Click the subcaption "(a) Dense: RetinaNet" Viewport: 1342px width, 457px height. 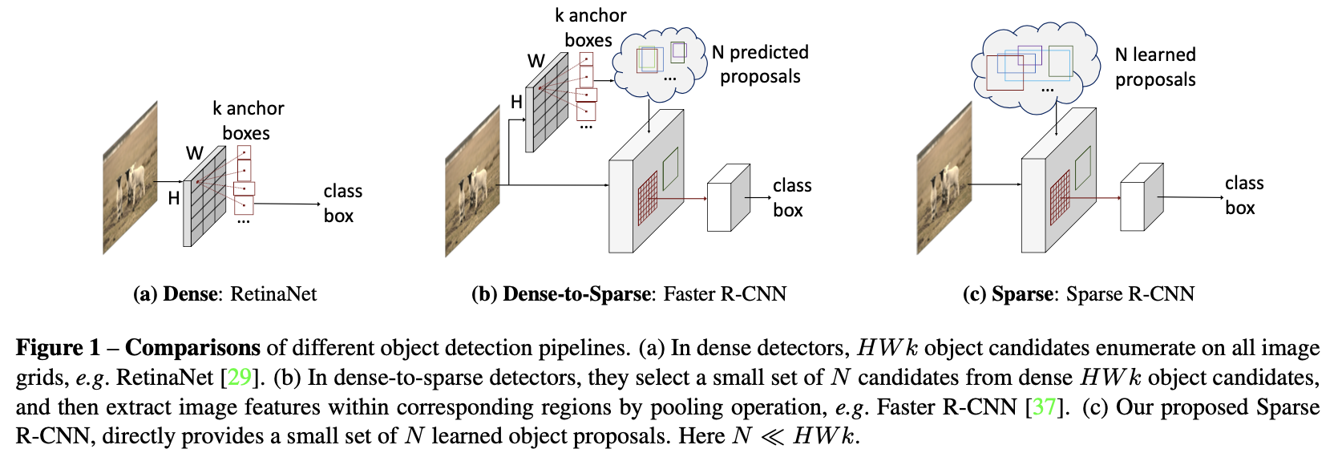[224, 294]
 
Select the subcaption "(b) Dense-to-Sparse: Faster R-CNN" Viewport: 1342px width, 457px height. [629, 294]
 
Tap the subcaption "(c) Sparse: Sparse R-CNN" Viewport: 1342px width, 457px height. [1078, 294]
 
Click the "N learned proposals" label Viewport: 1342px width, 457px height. [1154, 67]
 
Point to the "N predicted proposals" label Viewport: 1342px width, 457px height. [760, 64]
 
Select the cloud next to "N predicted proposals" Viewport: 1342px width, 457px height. [659, 64]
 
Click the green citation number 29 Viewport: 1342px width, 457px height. [240, 377]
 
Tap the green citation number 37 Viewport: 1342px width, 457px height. [1043, 406]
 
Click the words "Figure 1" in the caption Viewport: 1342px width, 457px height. [58, 348]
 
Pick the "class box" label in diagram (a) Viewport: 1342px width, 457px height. [342, 203]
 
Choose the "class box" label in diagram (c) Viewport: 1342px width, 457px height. [1243, 196]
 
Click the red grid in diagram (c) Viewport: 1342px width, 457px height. [1060, 198]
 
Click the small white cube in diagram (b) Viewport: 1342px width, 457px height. [727, 198]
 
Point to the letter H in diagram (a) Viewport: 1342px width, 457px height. [174, 198]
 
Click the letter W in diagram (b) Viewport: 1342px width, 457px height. [536, 61]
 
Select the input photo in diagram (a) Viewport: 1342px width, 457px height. [130, 178]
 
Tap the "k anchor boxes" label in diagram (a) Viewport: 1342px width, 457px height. [248, 120]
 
